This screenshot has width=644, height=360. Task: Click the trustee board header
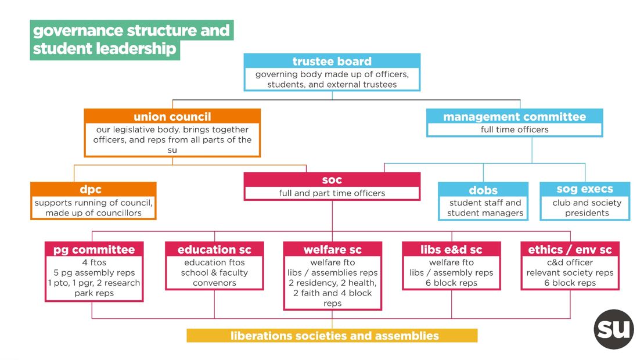(x=332, y=62)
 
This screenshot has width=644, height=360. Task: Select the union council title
(x=172, y=117)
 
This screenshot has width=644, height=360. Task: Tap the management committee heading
(x=515, y=117)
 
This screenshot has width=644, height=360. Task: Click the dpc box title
(x=91, y=189)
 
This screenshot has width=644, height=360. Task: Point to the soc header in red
(x=332, y=180)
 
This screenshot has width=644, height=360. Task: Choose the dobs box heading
(x=483, y=190)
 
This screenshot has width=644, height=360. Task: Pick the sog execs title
(x=584, y=189)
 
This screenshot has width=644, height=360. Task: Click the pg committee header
(x=94, y=250)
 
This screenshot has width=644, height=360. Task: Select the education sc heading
(x=214, y=250)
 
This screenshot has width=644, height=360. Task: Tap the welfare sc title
(x=332, y=250)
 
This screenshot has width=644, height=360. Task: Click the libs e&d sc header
(x=451, y=250)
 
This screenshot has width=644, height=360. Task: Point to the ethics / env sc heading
(x=570, y=250)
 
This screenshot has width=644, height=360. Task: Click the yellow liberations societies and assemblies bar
(x=332, y=336)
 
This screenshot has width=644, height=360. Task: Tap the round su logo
(x=614, y=329)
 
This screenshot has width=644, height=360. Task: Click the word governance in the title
(x=78, y=31)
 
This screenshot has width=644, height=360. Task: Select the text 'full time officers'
(x=515, y=129)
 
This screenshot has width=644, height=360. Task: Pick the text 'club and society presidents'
(x=587, y=208)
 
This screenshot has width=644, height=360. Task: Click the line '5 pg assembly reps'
(x=94, y=272)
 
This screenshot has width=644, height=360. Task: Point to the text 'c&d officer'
(x=570, y=262)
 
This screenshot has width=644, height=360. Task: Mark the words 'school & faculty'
(x=214, y=272)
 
